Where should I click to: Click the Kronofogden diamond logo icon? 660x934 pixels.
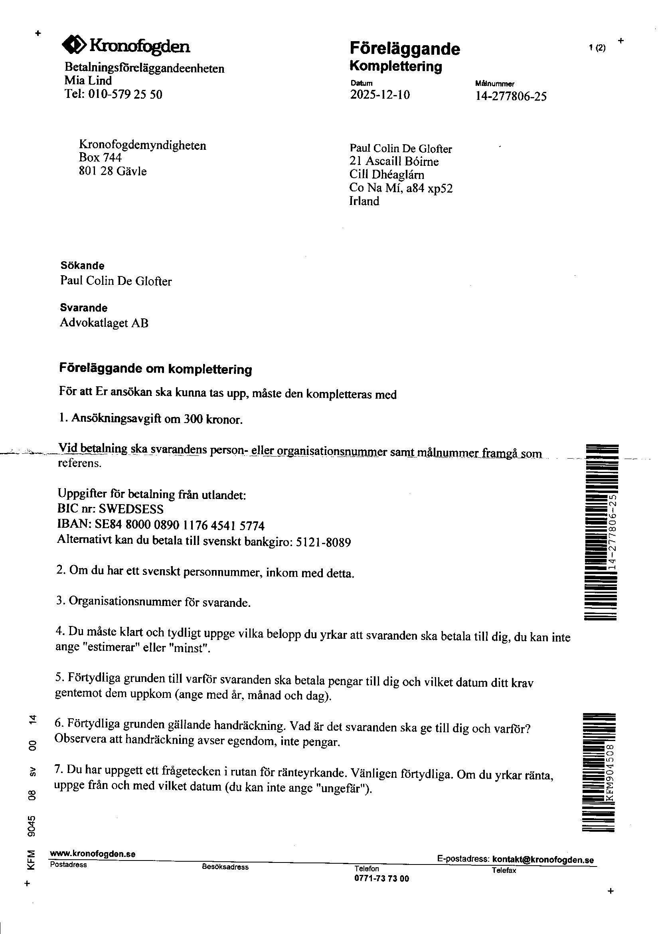tap(73, 44)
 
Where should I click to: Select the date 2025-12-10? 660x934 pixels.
tap(380, 95)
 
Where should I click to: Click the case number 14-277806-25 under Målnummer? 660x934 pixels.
tap(511, 96)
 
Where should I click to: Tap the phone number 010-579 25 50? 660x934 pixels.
tap(125, 94)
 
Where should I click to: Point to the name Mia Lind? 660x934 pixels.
tap(88, 81)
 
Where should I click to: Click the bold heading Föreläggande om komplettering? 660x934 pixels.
tap(156, 369)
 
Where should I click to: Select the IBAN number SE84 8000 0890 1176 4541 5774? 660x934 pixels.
tap(180, 526)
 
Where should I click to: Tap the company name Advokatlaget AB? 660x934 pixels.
tap(104, 323)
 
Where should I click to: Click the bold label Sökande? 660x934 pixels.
tap(83, 266)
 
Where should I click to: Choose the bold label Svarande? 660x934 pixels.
tap(84, 308)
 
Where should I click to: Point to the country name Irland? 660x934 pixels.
tap(364, 201)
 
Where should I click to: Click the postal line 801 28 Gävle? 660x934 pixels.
tap(113, 171)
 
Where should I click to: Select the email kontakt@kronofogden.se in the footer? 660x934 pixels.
tap(543, 860)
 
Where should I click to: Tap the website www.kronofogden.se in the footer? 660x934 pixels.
tap(93, 853)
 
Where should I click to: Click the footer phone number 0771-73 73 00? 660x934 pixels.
tap(381, 878)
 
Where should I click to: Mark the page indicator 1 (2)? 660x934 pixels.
tap(597, 48)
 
